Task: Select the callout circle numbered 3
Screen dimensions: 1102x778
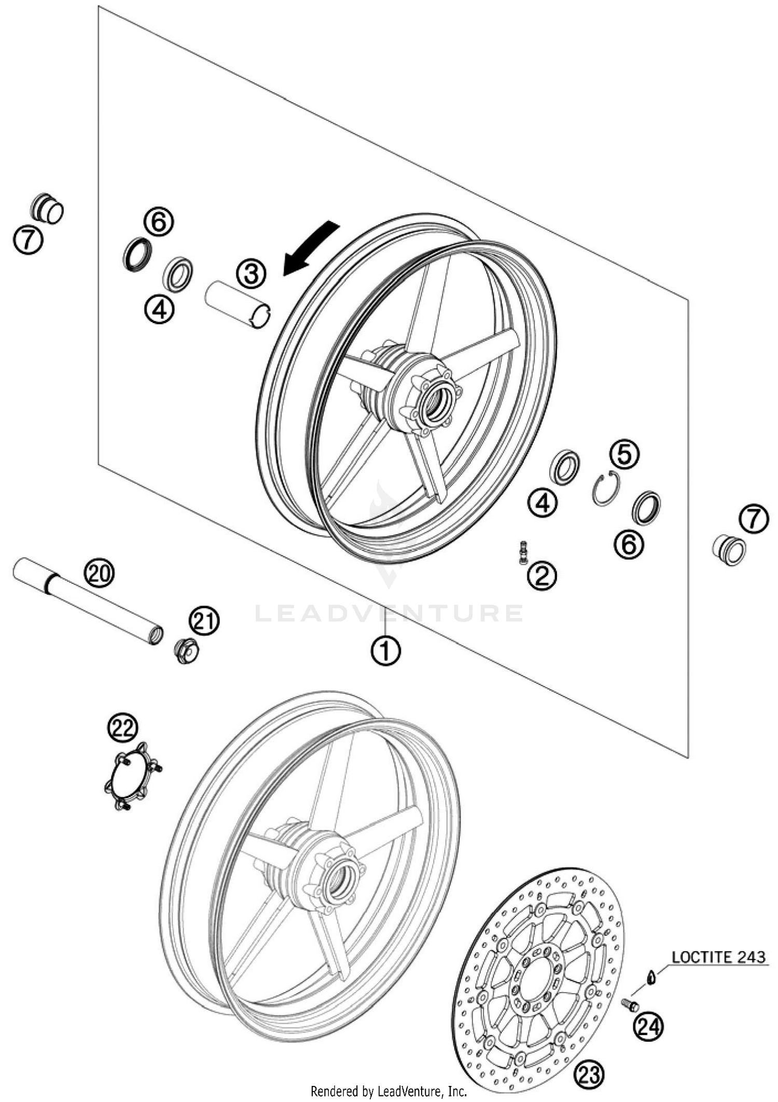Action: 252,273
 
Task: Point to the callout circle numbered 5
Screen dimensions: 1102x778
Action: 624,454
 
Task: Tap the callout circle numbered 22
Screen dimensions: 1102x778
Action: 123,729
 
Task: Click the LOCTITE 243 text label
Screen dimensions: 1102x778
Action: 718,957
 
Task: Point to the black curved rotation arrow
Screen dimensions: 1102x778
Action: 310,247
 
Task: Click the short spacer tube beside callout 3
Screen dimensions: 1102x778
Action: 238,303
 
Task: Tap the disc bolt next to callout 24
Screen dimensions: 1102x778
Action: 631,1005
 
